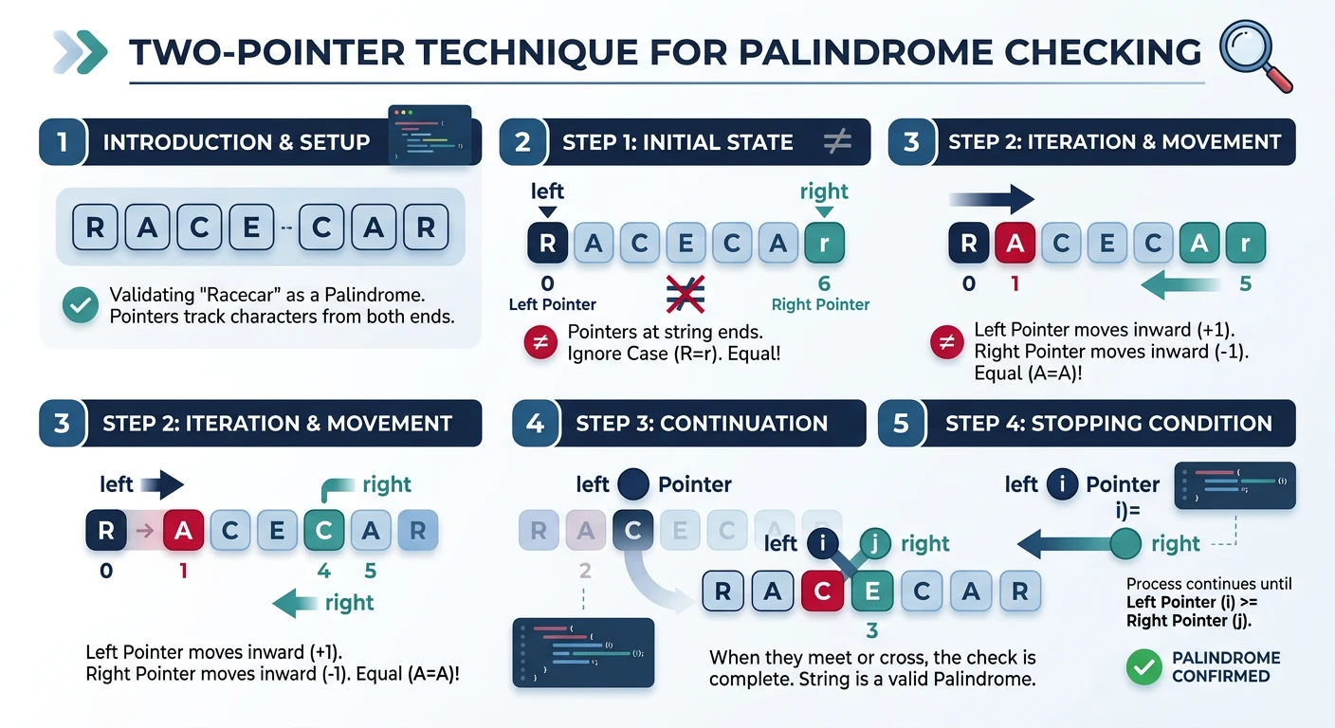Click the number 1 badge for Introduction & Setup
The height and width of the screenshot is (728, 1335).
[x=63, y=142]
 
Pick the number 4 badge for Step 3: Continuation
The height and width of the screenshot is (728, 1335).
[x=535, y=423]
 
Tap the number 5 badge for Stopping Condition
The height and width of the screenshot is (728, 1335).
[x=902, y=423]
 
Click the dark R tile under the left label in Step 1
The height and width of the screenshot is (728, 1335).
[x=547, y=244]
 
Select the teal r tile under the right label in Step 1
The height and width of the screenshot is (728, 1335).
[x=823, y=244]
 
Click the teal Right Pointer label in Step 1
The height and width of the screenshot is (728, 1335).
[x=820, y=304]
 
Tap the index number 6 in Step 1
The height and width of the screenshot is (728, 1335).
[x=823, y=283]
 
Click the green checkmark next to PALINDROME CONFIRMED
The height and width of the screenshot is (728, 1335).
[x=1143, y=667]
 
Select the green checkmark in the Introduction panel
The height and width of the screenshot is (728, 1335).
[x=81, y=305]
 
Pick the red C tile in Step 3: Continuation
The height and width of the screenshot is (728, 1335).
[x=822, y=591]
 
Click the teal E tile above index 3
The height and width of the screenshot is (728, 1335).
[x=871, y=591]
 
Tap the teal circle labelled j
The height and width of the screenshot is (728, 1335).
[x=874, y=543]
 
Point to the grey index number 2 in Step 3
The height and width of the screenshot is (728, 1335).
[x=584, y=570]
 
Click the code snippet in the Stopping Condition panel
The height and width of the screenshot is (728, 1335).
[x=1234, y=484]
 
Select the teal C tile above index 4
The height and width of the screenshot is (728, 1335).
[x=323, y=531]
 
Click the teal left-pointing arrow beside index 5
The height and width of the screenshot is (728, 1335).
[x=1180, y=283]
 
